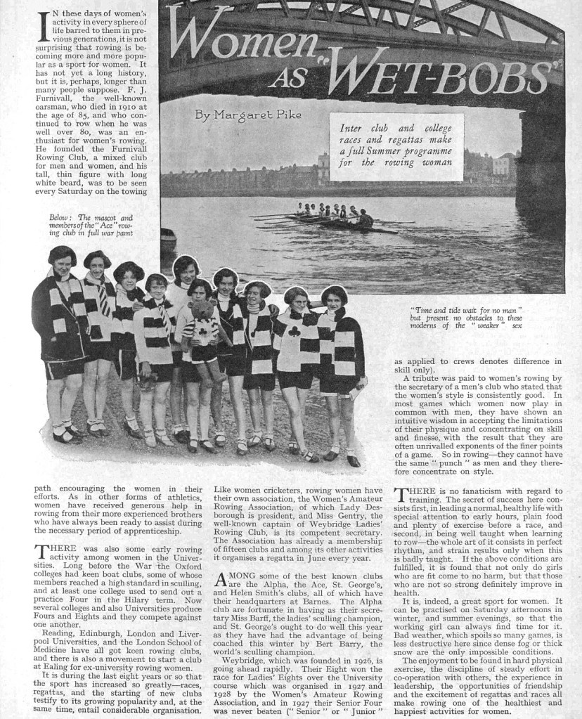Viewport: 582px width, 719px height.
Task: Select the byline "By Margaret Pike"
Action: [x=237, y=115]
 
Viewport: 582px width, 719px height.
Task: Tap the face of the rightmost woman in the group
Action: [x=334, y=297]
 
